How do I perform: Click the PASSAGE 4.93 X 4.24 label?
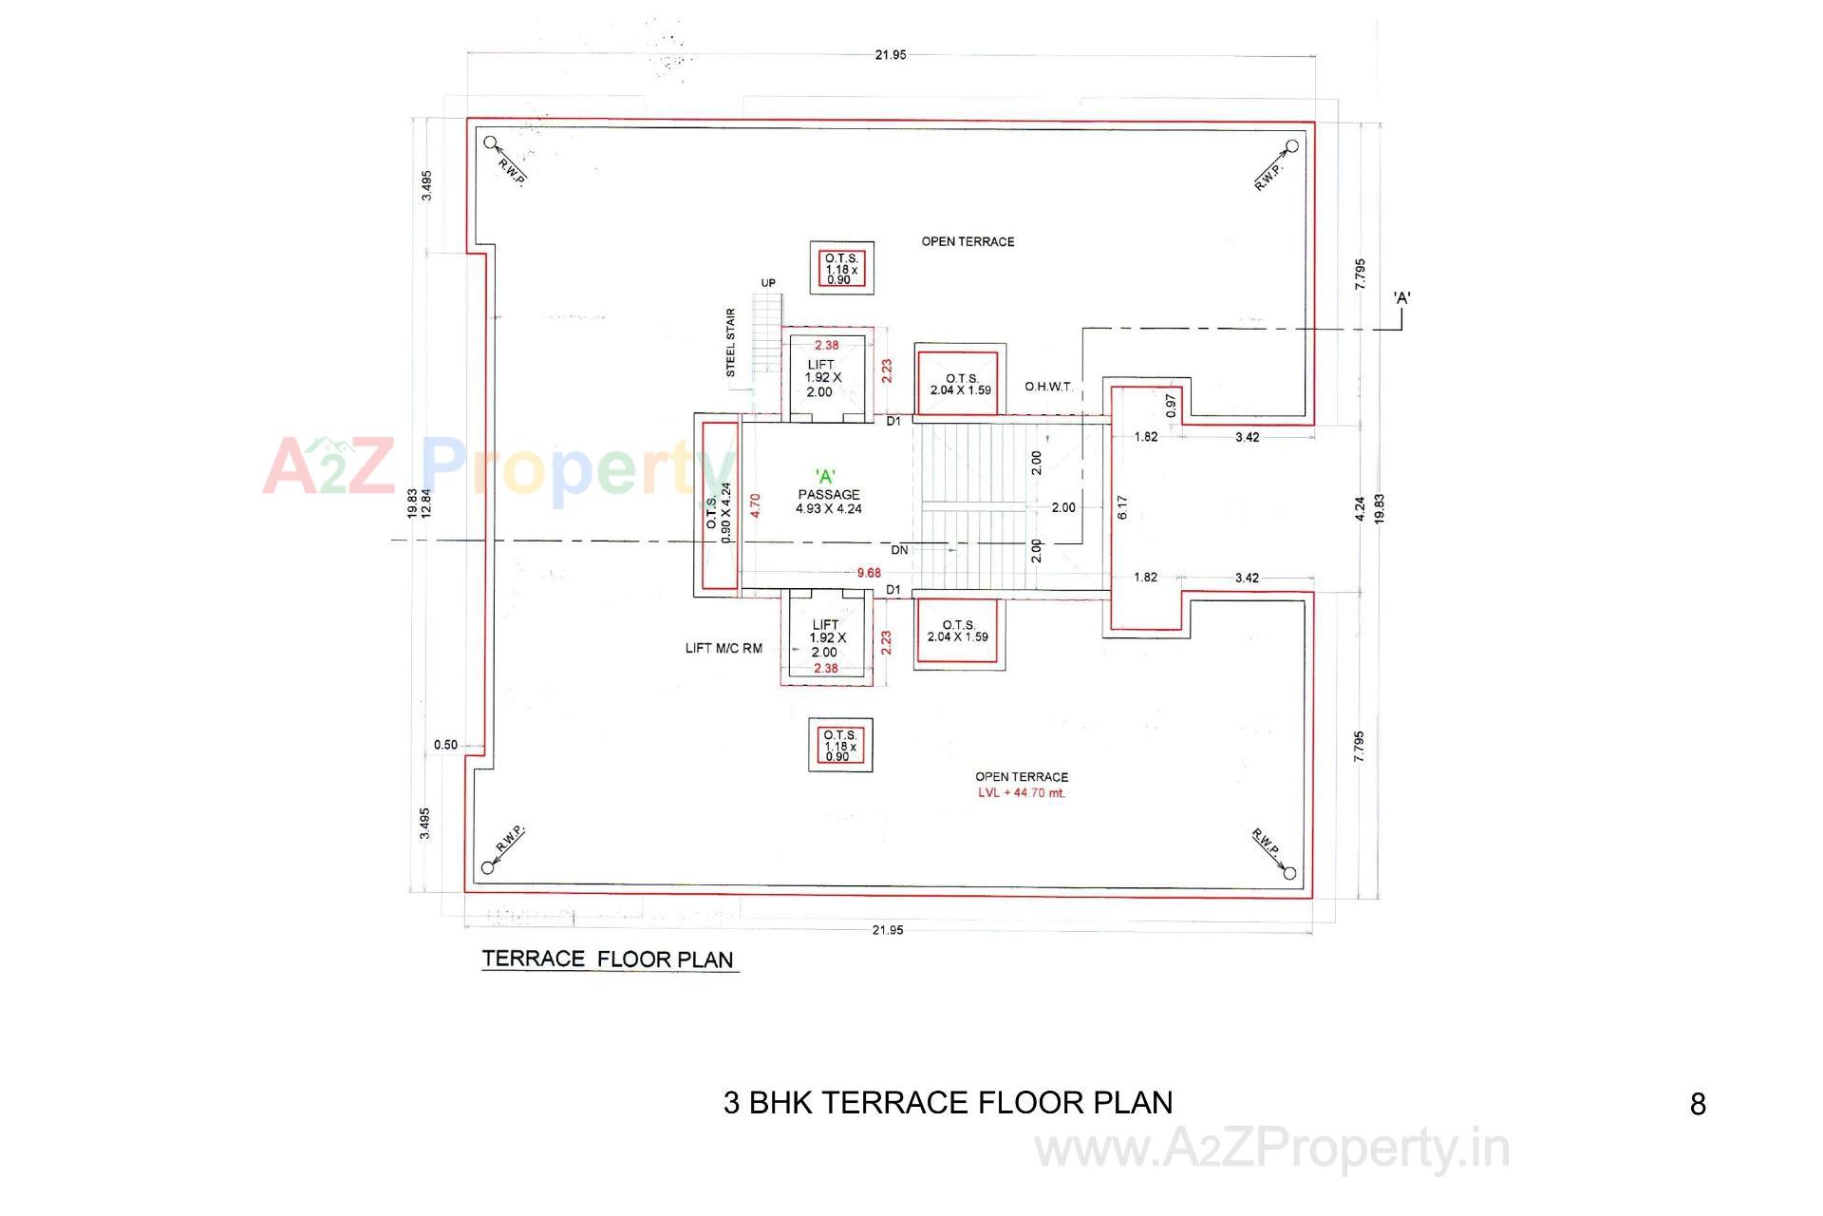(x=829, y=502)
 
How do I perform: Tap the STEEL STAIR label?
(x=731, y=343)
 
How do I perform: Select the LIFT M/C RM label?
(x=724, y=649)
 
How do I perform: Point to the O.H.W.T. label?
(x=1048, y=387)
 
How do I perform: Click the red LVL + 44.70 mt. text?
(x=1022, y=793)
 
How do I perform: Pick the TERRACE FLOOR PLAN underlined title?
(x=608, y=959)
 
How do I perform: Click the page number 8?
(x=1698, y=1104)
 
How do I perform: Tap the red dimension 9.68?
(x=869, y=573)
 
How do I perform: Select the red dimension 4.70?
(x=756, y=504)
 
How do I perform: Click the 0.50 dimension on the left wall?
(x=445, y=745)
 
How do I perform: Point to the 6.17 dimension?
(x=1122, y=506)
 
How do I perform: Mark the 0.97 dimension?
(x=1171, y=407)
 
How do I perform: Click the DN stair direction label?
(x=899, y=550)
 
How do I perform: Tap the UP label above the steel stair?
(x=768, y=283)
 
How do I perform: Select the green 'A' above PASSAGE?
(x=825, y=477)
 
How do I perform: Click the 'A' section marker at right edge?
(x=1401, y=298)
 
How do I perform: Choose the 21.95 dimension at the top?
(x=890, y=55)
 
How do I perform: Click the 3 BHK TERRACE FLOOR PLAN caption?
(x=948, y=1102)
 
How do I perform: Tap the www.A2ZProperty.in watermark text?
(x=1271, y=1149)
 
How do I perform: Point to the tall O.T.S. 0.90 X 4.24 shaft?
(x=719, y=505)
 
